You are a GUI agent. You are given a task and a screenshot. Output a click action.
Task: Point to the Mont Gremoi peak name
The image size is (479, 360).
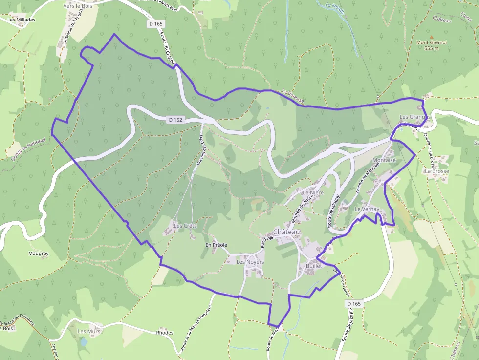pyautogui.click(x=432, y=42)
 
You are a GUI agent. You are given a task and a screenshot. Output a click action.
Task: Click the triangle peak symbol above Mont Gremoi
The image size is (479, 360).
pyautogui.click(x=432, y=37)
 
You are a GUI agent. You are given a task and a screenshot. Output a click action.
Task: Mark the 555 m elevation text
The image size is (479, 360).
pyautogui.click(x=432, y=48)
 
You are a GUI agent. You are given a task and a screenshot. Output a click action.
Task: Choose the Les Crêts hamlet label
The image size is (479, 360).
pyautogui.click(x=185, y=226)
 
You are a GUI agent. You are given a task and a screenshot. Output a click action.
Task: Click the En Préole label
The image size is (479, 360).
pyautogui.click(x=216, y=245)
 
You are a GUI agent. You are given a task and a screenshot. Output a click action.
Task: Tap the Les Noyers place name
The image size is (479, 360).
pyautogui.click(x=250, y=262)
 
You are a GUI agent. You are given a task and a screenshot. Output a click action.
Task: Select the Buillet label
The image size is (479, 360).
pyautogui.click(x=314, y=266)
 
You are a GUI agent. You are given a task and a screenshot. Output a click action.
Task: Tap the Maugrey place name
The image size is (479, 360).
pyautogui.click(x=39, y=254)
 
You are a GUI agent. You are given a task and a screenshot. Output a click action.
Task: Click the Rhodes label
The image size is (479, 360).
pyautogui.click(x=164, y=333)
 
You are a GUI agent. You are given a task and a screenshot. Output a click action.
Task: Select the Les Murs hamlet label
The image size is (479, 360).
pyautogui.click(x=89, y=331)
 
